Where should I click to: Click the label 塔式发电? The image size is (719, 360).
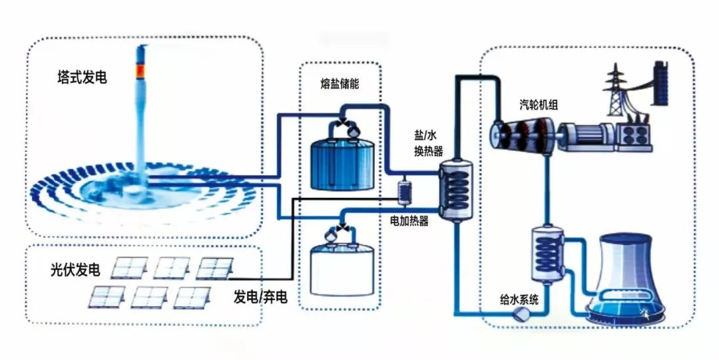pos(82,78)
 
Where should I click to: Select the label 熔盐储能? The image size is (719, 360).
pos(340,85)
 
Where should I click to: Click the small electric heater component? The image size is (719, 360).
pos(404,192)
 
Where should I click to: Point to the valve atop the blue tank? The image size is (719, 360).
pos(345,124)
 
